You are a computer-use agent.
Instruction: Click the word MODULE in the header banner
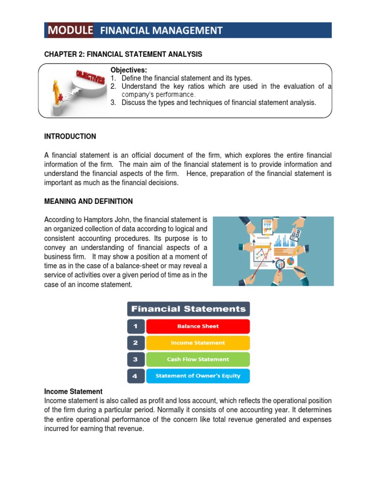[70, 30]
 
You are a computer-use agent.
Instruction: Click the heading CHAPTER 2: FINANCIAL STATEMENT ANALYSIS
[123, 54]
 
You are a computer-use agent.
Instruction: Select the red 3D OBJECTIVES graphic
[90, 79]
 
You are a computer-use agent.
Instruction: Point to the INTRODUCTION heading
[70, 136]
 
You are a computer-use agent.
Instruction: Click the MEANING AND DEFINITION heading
[88, 201]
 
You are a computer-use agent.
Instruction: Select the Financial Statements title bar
[188, 309]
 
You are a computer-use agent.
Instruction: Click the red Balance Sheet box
[198, 326]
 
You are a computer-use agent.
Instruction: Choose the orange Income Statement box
[198, 343]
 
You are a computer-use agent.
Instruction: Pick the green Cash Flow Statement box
[198, 359]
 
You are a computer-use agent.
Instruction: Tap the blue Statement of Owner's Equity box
[198, 376]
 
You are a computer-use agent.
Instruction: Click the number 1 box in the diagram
[136, 326]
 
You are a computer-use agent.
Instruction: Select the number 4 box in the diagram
[136, 376]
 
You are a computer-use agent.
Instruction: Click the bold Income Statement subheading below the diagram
[73, 392]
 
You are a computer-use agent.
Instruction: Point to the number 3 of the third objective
[112, 102]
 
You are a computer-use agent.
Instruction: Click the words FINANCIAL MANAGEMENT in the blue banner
[161, 31]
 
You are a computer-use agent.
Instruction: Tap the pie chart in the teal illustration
[290, 261]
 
